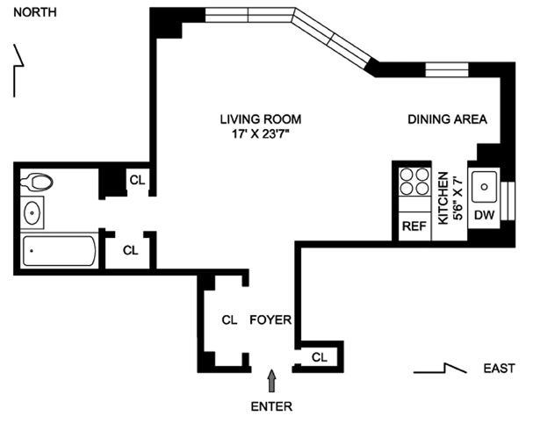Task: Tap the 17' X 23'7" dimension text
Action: point(252,134)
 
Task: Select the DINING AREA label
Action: point(447,118)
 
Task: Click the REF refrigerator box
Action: point(414,226)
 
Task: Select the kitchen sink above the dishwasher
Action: point(485,185)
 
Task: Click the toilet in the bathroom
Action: point(39,183)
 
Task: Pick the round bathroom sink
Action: point(33,211)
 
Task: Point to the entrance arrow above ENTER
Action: point(271,378)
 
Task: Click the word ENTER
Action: point(271,406)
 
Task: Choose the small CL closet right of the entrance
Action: point(320,357)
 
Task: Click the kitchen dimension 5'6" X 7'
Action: point(457,197)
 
